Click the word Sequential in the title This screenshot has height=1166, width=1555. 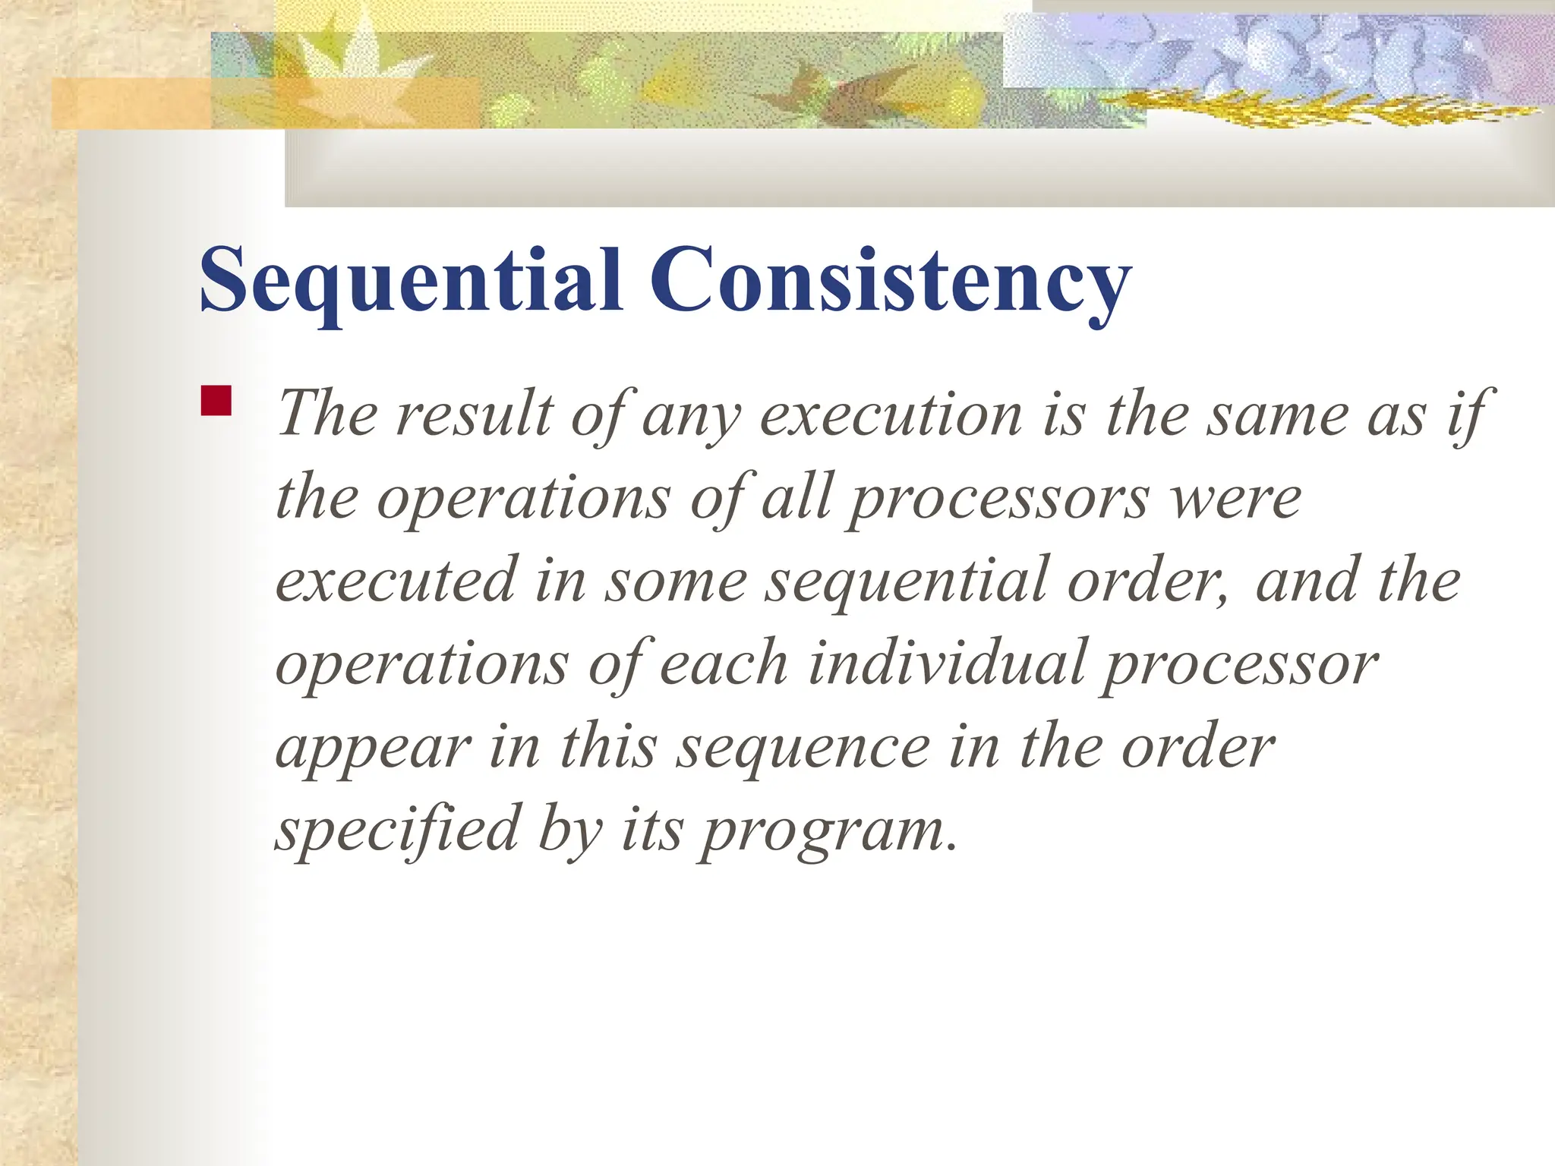pyautogui.click(x=411, y=281)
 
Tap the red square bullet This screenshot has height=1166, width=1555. pyautogui.click(x=216, y=401)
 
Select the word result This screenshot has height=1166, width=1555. pyautogui.click(x=475, y=414)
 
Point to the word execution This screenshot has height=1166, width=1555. pyautogui.click(x=891, y=414)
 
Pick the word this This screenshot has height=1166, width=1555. pyautogui.click(x=607, y=747)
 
